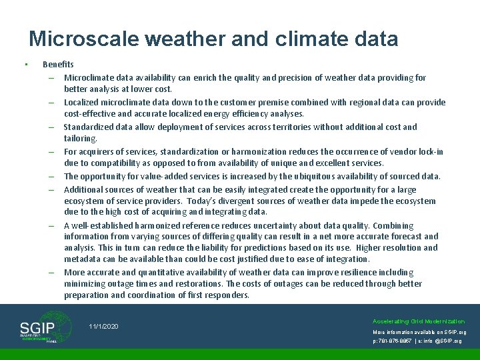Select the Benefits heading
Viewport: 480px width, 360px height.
[x=58, y=65]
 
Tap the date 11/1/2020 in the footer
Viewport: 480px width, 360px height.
[x=103, y=326]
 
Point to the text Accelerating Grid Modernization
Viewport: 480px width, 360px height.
[x=419, y=321]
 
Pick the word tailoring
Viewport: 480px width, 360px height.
[x=80, y=139]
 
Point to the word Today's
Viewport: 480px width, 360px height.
[x=207, y=201]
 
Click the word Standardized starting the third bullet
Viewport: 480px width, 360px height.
[x=89, y=127]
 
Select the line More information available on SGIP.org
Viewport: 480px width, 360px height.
[x=419, y=331]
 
